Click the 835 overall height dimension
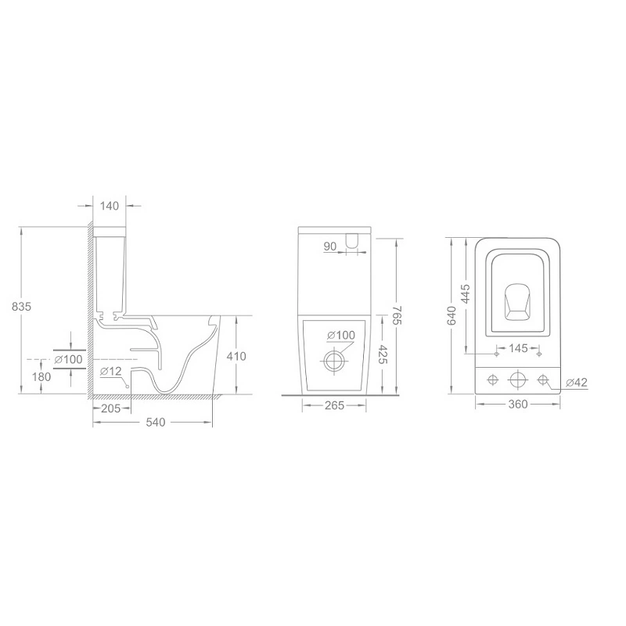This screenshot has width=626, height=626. [21, 307]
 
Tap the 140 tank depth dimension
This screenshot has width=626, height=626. [110, 206]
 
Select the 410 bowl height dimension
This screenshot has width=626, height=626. [236, 356]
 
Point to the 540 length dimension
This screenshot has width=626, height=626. [155, 422]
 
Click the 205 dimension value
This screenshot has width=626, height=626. [111, 408]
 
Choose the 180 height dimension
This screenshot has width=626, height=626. [41, 377]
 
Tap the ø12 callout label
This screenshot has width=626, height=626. [111, 371]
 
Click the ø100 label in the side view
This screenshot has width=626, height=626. [69, 359]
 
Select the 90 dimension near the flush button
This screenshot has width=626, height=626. [330, 246]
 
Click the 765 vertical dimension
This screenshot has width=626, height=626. [397, 315]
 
